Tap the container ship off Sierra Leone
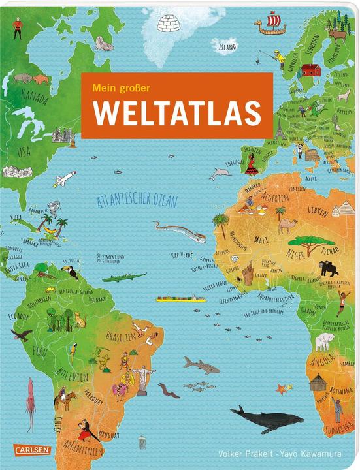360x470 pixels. (176, 300)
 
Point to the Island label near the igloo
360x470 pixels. (226, 47)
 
